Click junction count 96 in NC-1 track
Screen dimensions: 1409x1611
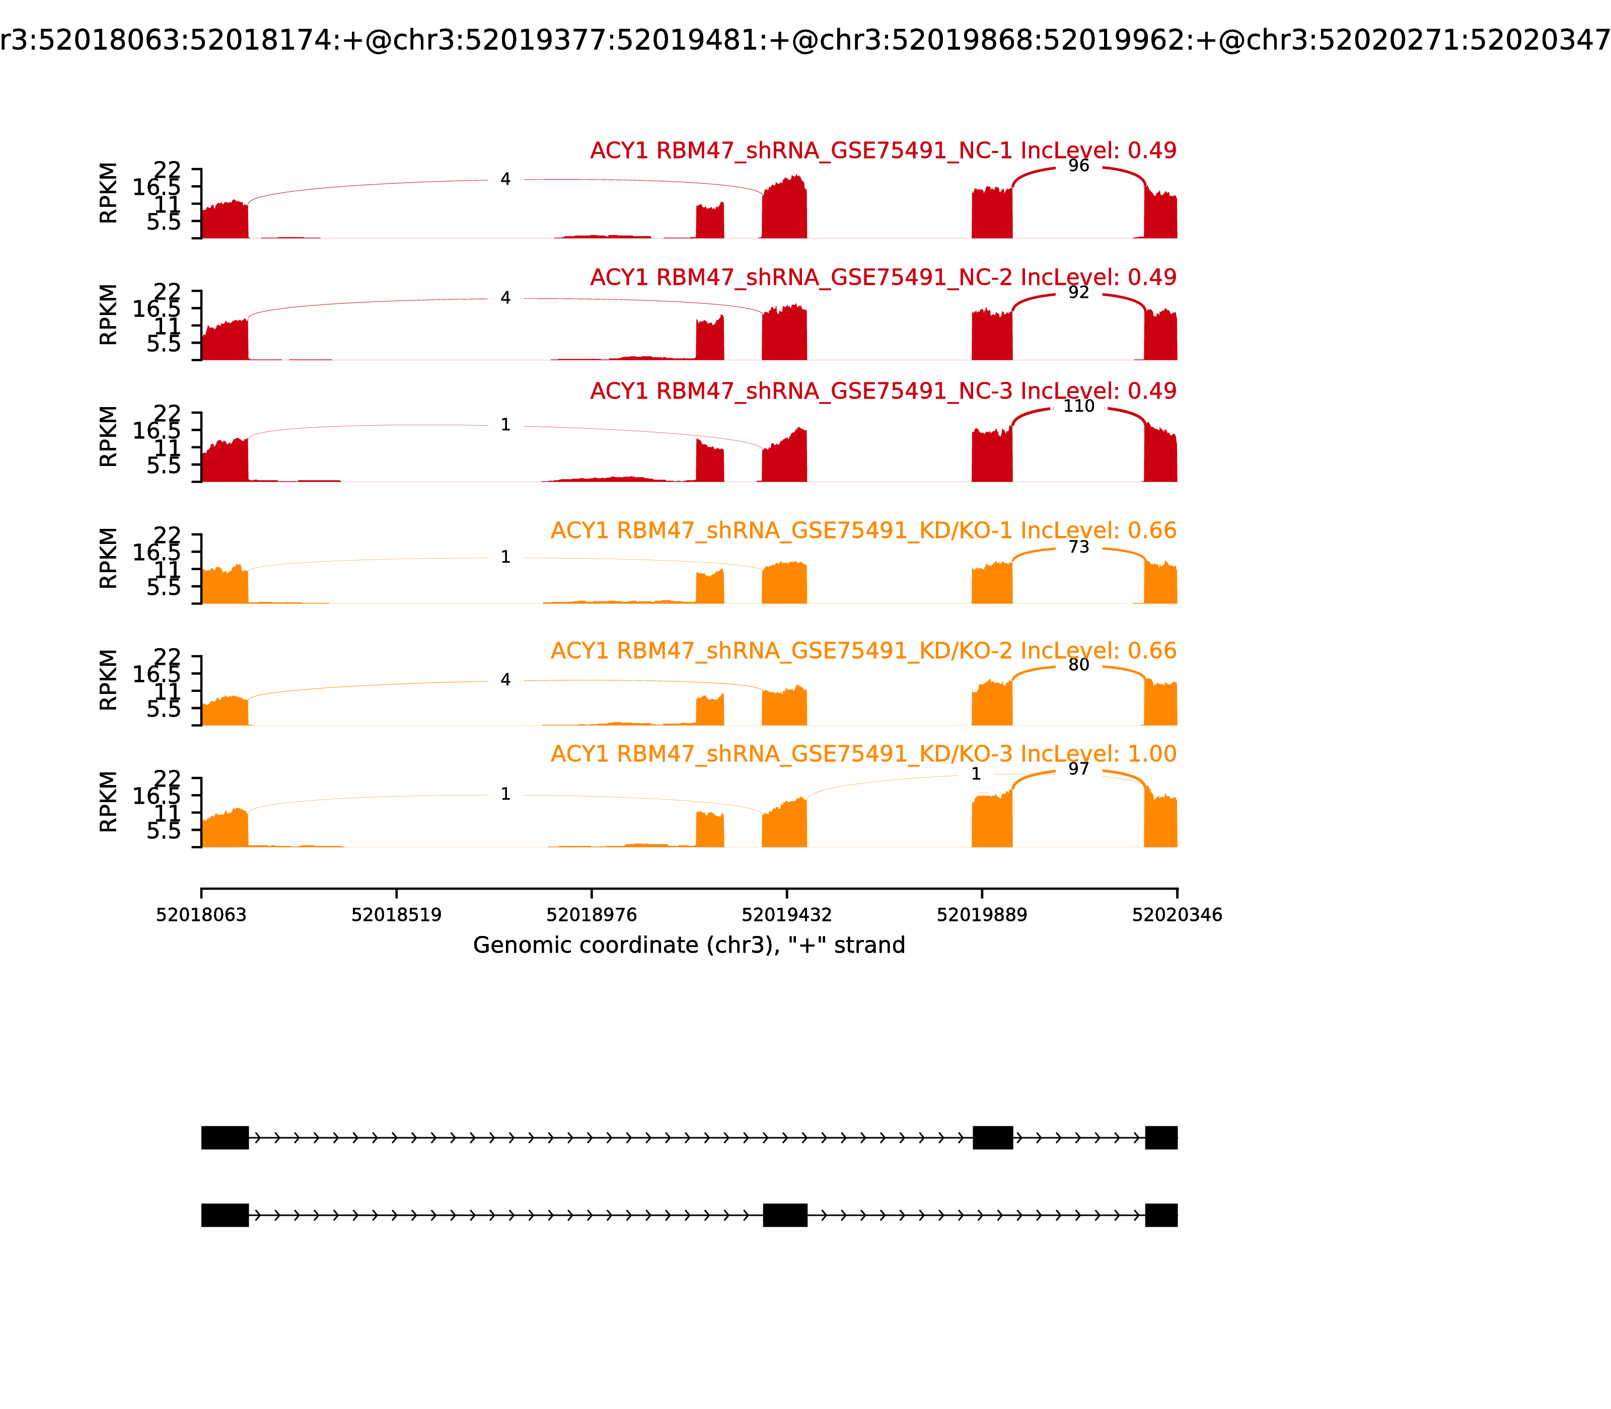coord(1078,166)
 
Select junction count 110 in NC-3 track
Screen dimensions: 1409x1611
coord(1078,407)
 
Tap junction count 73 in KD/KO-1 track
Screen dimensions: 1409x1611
coord(1078,547)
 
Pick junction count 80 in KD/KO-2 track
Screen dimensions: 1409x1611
coord(1078,665)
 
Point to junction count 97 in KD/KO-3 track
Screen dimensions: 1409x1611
coord(1078,769)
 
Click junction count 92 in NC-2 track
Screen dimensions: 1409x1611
coord(1078,292)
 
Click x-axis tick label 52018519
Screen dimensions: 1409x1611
coord(397,915)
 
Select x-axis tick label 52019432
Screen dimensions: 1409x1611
coord(786,915)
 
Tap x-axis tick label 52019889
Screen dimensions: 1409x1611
coord(982,915)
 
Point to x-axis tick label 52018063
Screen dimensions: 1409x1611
coord(201,915)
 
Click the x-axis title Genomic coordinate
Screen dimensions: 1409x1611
coord(689,945)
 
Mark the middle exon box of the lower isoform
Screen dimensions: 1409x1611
coord(785,1215)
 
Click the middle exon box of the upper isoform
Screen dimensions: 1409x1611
coord(993,1138)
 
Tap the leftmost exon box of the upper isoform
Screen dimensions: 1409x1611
coord(225,1138)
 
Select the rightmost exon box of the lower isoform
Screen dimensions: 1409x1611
coord(1161,1215)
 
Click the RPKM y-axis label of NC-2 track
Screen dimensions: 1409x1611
coord(109,315)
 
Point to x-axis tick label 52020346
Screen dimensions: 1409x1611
coord(1177,915)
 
